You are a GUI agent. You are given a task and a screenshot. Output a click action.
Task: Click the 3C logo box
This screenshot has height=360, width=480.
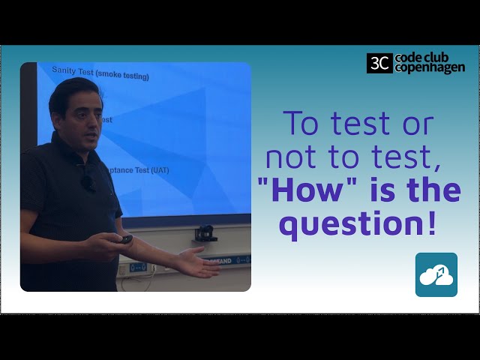point(379,63)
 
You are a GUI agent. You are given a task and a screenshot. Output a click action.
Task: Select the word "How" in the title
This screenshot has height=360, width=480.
point(301,190)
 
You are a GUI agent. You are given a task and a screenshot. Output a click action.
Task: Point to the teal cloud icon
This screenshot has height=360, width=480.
point(436,274)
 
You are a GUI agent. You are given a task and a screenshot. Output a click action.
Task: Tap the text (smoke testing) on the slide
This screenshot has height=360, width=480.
point(125,76)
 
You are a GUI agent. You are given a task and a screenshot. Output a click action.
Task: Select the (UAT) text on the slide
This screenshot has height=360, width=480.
point(159,169)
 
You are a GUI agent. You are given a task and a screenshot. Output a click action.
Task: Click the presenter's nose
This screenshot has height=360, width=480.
point(94,121)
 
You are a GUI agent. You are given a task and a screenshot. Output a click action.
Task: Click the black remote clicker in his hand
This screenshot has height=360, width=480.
point(126,239)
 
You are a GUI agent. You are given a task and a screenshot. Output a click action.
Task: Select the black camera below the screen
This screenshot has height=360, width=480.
point(205,233)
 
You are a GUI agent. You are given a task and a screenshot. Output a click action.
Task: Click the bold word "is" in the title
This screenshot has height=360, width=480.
point(370,190)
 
